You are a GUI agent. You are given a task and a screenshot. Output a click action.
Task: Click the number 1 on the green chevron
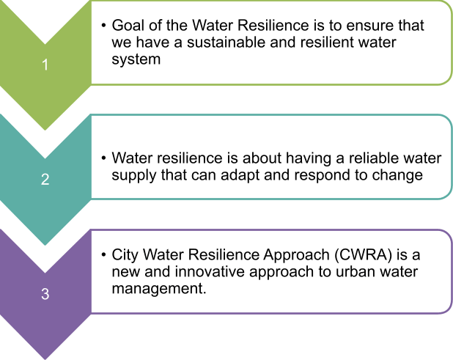(x=45, y=65)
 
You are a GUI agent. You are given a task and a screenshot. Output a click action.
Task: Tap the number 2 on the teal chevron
(x=45, y=179)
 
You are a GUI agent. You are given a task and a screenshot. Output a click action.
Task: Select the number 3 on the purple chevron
(x=45, y=294)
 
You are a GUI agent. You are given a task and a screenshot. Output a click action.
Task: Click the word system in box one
(x=136, y=59)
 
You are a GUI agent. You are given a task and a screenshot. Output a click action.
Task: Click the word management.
(x=159, y=288)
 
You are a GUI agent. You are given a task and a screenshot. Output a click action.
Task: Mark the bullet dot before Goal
(x=103, y=26)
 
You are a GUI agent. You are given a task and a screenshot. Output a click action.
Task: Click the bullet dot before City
(x=103, y=255)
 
